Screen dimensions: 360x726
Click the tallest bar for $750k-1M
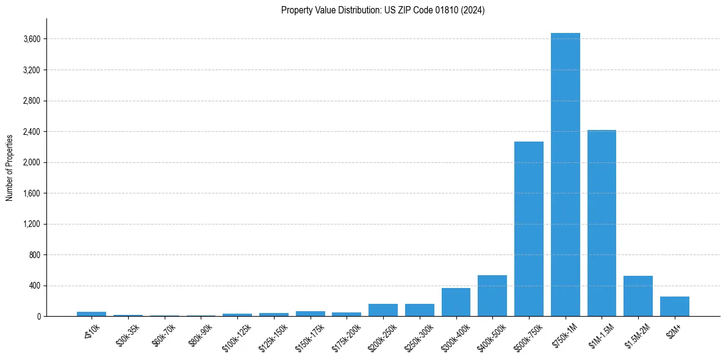(565, 175)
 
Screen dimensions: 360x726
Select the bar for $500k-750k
(528, 229)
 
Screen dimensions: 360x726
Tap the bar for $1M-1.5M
(602, 223)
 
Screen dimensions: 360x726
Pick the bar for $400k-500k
(492, 296)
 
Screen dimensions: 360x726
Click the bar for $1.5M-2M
(638, 297)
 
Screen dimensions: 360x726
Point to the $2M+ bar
(675, 306)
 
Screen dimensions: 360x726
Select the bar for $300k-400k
(456, 302)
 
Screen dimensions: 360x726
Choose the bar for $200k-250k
(383, 310)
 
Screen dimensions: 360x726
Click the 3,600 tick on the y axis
(31, 39)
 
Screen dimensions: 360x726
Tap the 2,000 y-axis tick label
(31, 162)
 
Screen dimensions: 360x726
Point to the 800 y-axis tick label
(34, 255)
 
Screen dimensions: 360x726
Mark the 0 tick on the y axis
(38, 317)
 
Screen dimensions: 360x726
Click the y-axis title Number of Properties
(9, 167)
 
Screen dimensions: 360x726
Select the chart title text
(383, 10)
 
